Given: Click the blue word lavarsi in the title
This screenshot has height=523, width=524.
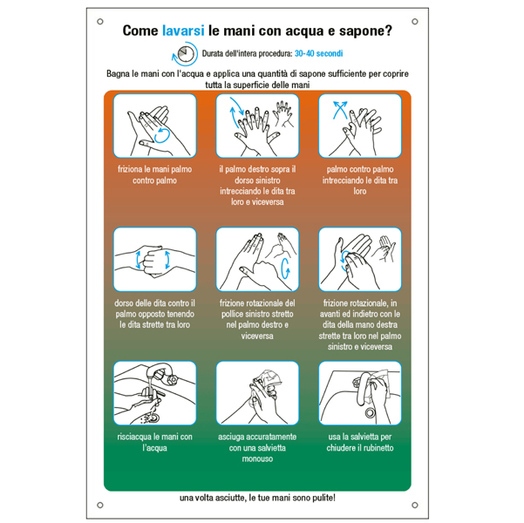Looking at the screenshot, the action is (183, 31).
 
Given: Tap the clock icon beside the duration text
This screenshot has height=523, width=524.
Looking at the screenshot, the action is (185, 53).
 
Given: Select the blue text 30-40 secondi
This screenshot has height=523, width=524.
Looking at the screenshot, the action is (318, 53).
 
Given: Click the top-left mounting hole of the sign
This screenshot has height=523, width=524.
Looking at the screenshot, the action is (100, 22).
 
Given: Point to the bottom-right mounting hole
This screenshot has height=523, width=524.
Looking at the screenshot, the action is (415, 505).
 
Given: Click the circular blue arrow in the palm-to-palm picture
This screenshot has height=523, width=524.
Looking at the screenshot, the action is (162, 136).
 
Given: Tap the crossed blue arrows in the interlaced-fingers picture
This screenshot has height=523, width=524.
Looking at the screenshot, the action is (340, 110).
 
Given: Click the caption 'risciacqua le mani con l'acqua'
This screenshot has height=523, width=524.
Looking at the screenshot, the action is (154, 442).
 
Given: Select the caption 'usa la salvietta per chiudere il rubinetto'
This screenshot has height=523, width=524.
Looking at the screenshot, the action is (360, 442).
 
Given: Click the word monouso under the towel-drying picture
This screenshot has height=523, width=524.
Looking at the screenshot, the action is (257, 458).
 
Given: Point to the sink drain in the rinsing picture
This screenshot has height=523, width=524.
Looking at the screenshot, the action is (154, 417).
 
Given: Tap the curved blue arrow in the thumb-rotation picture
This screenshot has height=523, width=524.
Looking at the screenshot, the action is (285, 268).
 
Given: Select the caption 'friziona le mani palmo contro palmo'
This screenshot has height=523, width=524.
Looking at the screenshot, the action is (154, 175).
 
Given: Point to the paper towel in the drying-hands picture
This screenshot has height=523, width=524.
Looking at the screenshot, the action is (269, 379).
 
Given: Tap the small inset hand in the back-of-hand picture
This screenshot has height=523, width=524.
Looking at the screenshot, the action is (283, 114).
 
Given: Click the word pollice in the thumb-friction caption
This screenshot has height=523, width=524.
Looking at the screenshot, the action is (234, 314).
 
